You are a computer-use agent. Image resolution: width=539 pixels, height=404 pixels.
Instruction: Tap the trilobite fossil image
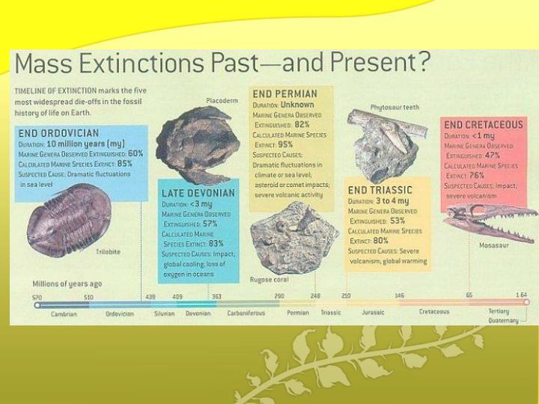coord(68,218)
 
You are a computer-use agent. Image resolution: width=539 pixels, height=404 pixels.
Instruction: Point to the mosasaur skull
coord(487,221)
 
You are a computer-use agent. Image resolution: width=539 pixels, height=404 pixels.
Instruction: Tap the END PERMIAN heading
coord(284,94)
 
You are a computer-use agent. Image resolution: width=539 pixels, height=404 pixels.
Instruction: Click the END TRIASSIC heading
coord(380,190)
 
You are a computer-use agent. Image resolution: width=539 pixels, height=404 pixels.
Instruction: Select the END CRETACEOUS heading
coord(483,124)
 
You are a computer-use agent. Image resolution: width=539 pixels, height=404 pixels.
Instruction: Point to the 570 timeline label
coord(37,297)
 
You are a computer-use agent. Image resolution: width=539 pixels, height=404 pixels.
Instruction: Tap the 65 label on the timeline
coord(469,296)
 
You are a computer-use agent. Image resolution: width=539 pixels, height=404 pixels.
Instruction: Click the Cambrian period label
coord(64,313)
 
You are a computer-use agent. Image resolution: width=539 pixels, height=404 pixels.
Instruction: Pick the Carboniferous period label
coord(246,313)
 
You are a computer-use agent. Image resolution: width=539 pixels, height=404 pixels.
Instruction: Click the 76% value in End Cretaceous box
coord(475,176)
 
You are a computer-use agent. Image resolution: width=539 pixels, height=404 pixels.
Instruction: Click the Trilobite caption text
coord(108,252)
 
